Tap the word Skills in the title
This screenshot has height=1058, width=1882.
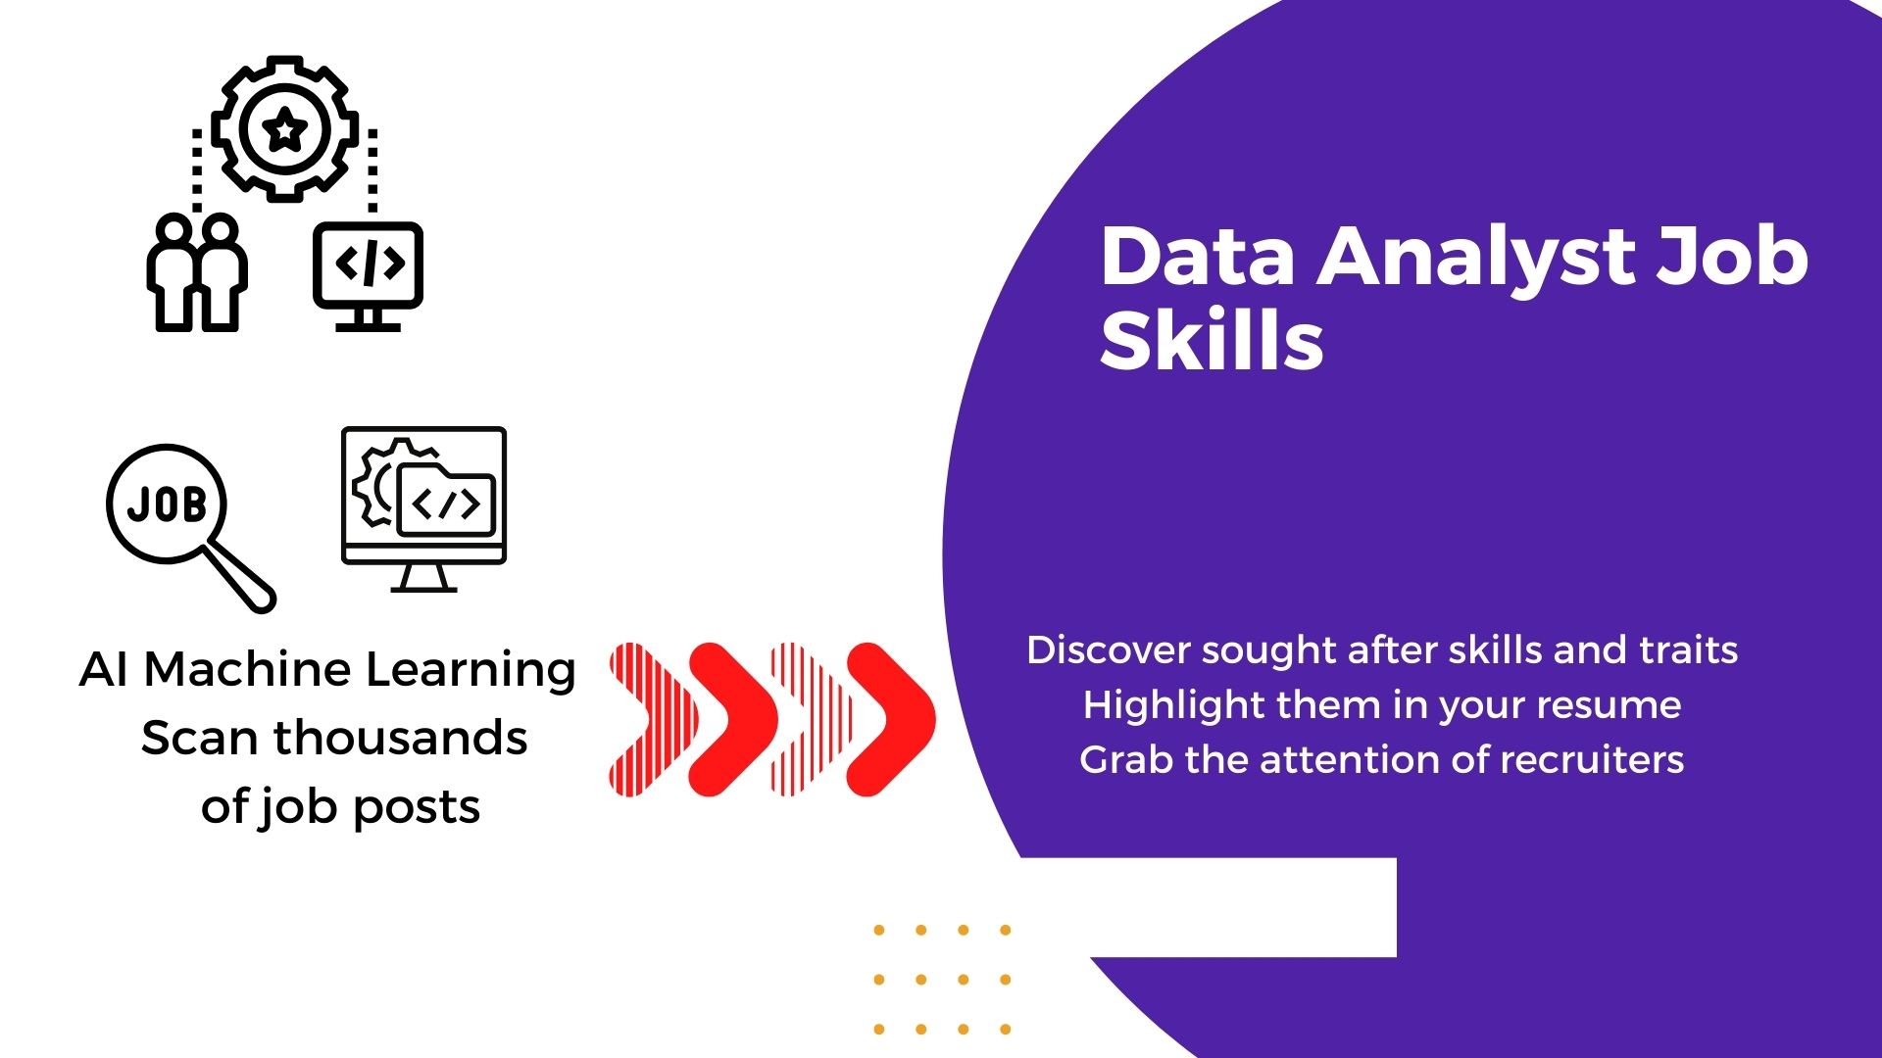(x=1212, y=340)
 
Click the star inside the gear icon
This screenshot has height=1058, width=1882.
(x=285, y=128)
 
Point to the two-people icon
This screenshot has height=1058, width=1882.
(x=197, y=272)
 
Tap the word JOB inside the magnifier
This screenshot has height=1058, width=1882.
(x=167, y=505)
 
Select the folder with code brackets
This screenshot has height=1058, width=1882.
(x=446, y=501)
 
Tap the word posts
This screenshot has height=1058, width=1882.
(x=417, y=809)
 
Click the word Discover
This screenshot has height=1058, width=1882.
(x=1109, y=649)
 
